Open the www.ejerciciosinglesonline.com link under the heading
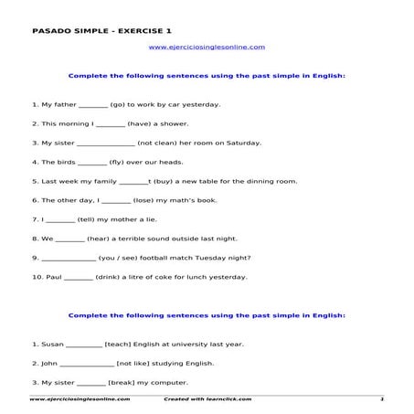pos(207,45)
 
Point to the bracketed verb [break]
pos(126,381)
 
